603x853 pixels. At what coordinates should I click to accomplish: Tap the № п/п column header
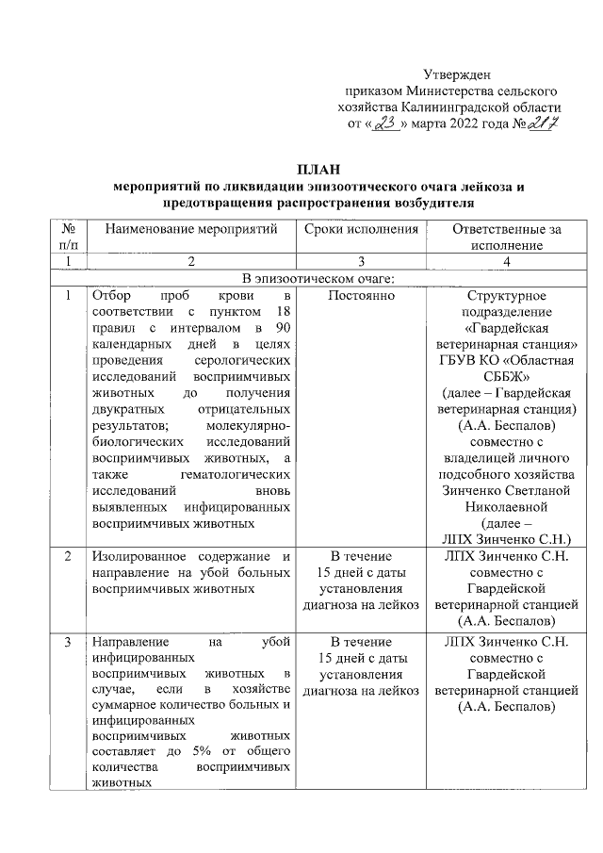pos(67,237)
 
